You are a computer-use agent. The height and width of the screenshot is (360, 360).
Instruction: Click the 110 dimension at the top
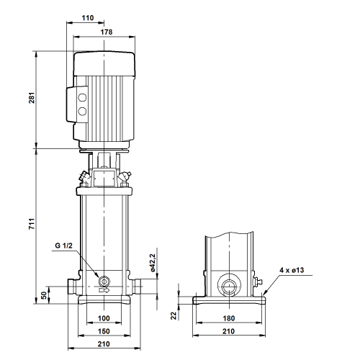click(88, 18)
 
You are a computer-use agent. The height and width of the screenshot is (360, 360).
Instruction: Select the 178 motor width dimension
click(107, 32)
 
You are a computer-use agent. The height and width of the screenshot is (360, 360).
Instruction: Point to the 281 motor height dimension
click(32, 98)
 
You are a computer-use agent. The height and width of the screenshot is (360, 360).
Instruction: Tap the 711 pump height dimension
click(32, 224)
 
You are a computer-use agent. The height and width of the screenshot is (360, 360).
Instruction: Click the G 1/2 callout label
click(63, 246)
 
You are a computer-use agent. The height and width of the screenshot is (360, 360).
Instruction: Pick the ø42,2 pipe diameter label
click(153, 263)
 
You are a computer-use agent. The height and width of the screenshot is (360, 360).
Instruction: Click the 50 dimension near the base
click(44, 295)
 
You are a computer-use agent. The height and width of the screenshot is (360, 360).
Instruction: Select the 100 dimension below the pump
click(104, 318)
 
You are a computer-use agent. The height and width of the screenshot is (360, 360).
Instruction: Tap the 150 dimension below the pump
click(104, 331)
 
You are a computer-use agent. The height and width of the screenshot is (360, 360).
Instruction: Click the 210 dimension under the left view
click(104, 344)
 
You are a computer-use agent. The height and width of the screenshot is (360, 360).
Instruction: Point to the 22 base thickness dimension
click(174, 315)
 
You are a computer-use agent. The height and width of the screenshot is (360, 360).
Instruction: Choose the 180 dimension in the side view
click(229, 318)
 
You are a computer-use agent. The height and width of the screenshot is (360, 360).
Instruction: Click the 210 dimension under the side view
click(228, 331)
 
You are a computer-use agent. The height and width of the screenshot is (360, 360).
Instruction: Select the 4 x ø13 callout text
click(292, 270)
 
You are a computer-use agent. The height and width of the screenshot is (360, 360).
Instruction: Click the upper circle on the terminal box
click(82, 98)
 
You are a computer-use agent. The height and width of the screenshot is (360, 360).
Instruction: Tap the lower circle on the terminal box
click(82, 111)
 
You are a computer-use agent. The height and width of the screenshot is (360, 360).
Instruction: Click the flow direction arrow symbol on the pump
click(104, 290)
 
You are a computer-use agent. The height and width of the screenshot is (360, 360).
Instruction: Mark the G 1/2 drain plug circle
click(104, 281)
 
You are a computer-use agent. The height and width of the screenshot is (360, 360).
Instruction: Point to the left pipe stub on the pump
click(72, 286)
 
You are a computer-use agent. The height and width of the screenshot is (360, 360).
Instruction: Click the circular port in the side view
click(229, 286)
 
